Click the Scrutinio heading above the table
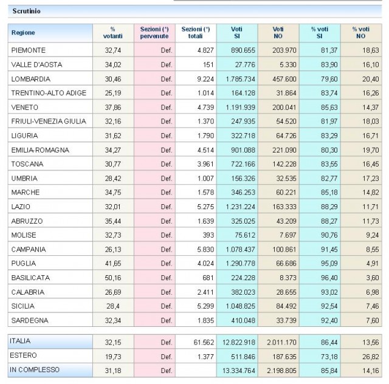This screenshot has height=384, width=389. (x=26, y=11)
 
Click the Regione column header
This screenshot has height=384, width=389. (x=24, y=32)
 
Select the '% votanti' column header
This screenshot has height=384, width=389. (x=112, y=32)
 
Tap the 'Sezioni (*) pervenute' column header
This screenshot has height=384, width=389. (x=154, y=32)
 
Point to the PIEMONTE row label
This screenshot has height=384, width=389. (x=29, y=50)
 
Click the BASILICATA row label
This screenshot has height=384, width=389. (x=30, y=276)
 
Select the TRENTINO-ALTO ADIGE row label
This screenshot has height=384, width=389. (x=49, y=92)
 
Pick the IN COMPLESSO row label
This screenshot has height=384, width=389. (x=34, y=369)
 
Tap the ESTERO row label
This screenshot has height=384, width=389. (x=24, y=355)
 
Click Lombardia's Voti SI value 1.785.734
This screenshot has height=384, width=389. (x=237, y=78)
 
